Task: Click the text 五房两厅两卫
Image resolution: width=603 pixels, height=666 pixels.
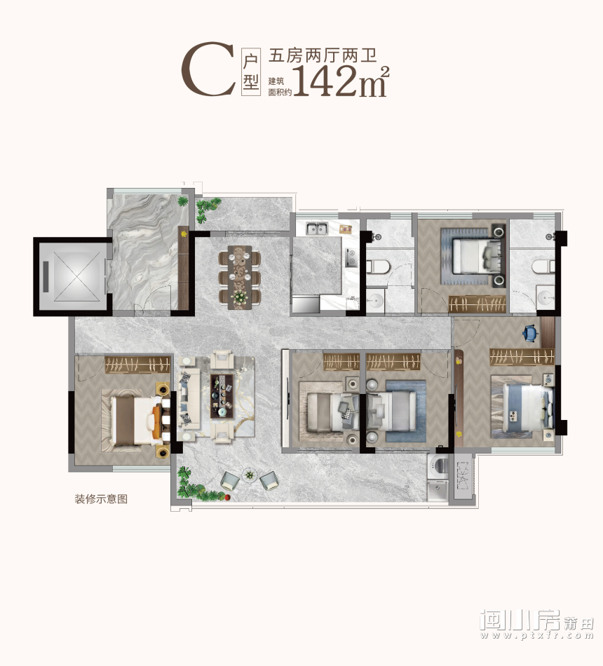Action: click(x=318, y=54)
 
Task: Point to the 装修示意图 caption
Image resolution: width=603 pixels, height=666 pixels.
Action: click(x=102, y=500)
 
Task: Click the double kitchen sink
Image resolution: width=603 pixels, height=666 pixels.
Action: click(x=316, y=229)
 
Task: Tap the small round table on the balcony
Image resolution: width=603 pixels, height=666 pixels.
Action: click(x=249, y=475)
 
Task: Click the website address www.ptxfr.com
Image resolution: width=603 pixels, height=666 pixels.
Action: click(x=536, y=636)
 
